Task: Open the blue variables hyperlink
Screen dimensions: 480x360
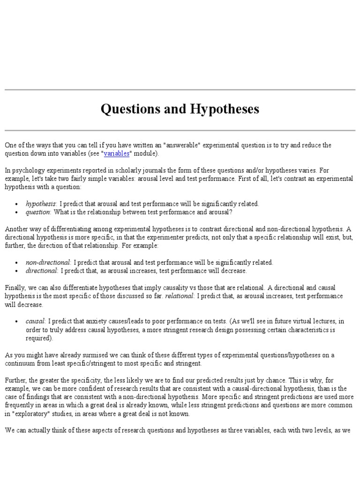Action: [116, 153]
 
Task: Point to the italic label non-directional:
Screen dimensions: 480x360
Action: [49, 262]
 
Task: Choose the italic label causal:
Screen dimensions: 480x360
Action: [36, 322]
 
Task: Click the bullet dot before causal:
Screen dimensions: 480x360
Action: [17, 322]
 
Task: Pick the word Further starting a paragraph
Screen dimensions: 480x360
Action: [16, 380]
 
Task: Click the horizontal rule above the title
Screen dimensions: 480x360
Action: [180, 89]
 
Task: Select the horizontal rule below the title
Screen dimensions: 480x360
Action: [180, 130]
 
